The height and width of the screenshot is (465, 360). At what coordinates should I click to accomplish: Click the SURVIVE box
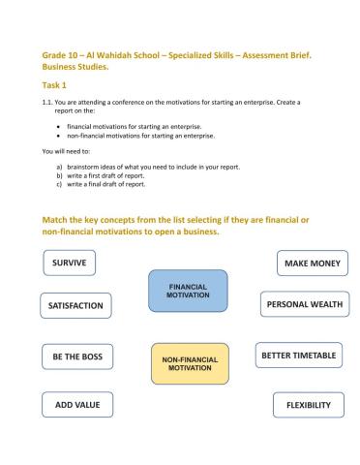pos(74,263)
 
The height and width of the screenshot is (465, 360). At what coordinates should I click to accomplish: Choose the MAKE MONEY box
pos(308,263)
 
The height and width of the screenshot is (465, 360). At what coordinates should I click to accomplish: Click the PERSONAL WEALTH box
pos(304,304)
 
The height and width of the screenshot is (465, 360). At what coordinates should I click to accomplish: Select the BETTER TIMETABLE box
pos(299,356)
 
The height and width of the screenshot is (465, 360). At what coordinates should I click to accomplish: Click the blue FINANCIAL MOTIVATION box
pos(189,291)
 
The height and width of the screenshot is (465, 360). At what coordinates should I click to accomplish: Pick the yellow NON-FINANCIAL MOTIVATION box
pos(190,363)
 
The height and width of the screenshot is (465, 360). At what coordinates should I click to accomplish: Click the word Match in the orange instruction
pos(56,220)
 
